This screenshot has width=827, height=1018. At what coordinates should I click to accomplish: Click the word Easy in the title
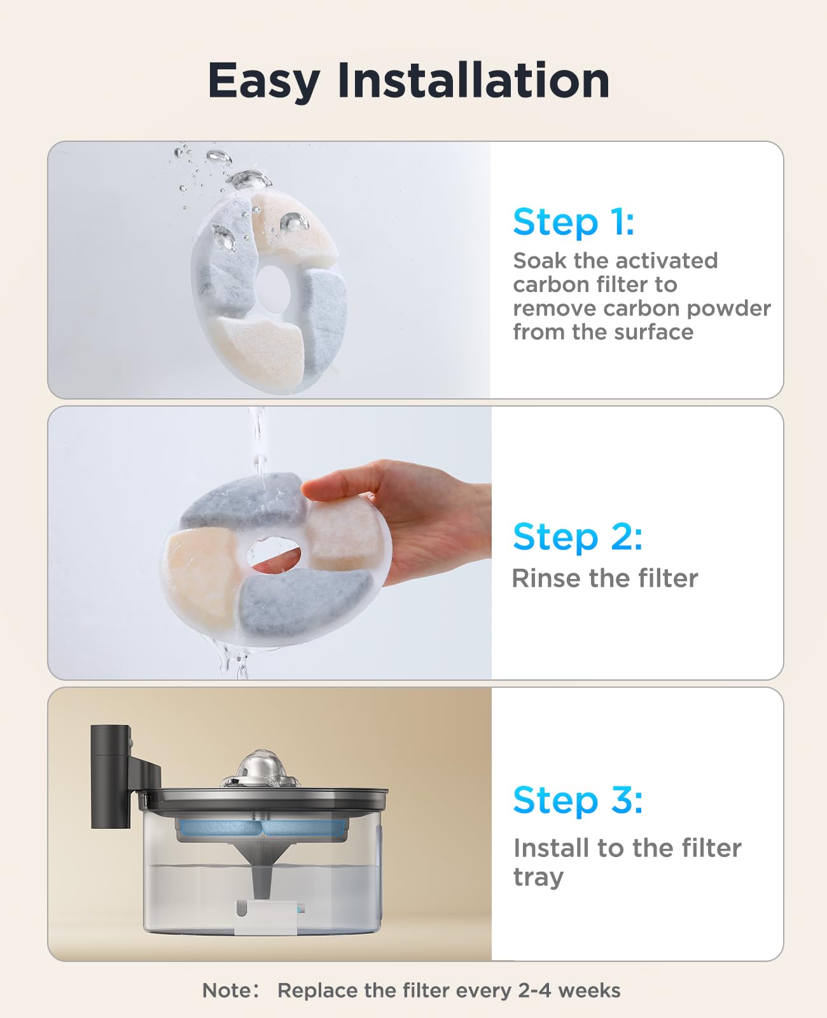click(263, 81)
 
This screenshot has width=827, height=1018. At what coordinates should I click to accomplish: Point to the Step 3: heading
click(578, 800)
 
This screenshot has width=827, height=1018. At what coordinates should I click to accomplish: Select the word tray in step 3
click(538, 877)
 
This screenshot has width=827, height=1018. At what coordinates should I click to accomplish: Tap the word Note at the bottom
click(226, 991)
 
